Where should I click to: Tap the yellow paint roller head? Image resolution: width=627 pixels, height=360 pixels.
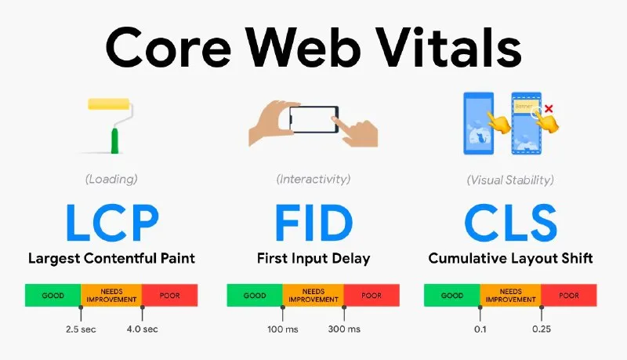[114, 104]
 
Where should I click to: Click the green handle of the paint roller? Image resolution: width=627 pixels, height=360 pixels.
[115, 141]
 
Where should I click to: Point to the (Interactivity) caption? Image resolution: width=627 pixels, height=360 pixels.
[313, 180]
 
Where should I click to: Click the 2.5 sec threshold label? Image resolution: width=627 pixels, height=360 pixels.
[81, 329]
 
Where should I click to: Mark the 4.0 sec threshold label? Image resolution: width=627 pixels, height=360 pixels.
[142, 329]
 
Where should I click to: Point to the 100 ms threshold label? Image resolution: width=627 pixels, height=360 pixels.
[282, 329]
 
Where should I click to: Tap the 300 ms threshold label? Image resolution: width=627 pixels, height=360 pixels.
[343, 329]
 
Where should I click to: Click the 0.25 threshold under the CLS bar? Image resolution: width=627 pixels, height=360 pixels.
[541, 329]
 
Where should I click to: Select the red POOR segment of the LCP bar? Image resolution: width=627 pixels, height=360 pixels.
[169, 296]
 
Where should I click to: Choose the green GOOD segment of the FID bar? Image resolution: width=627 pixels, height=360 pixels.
[255, 296]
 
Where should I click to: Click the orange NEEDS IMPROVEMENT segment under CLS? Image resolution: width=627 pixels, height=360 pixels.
[510, 296]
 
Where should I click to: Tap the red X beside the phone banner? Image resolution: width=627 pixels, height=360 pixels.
[549, 108]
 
